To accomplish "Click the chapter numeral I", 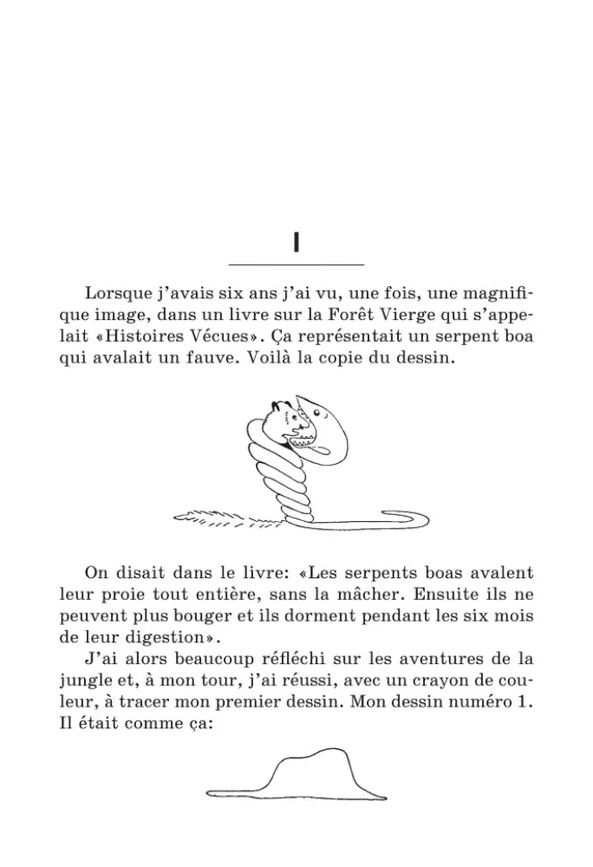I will tap(296, 242).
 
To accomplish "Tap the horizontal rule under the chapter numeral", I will tap(296, 264).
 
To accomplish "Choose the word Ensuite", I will tap(446, 594).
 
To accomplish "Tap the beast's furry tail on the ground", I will tap(225, 519).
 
